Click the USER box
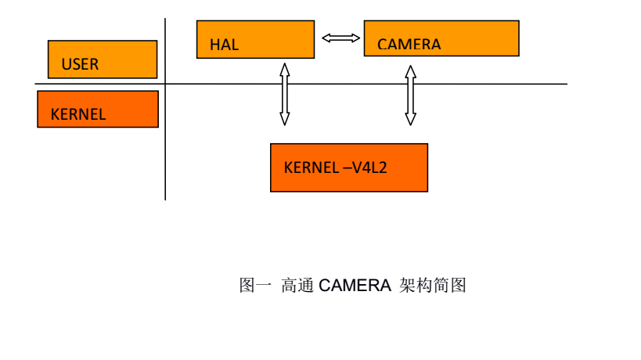click(103, 59)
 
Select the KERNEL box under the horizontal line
click(98, 109)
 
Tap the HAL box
click(255, 39)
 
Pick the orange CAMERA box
click(441, 38)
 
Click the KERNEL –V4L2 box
click(348, 167)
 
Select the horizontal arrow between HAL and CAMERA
click(340, 38)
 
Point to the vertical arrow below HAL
click(284, 94)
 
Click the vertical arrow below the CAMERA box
click(410, 95)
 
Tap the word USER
click(80, 65)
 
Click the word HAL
click(224, 45)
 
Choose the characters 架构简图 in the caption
click(432, 286)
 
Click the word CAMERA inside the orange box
click(409, 45)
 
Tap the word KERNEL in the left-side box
click(77, 114)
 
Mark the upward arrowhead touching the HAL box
click(284, 69)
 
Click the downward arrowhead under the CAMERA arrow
click(410, 120)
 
